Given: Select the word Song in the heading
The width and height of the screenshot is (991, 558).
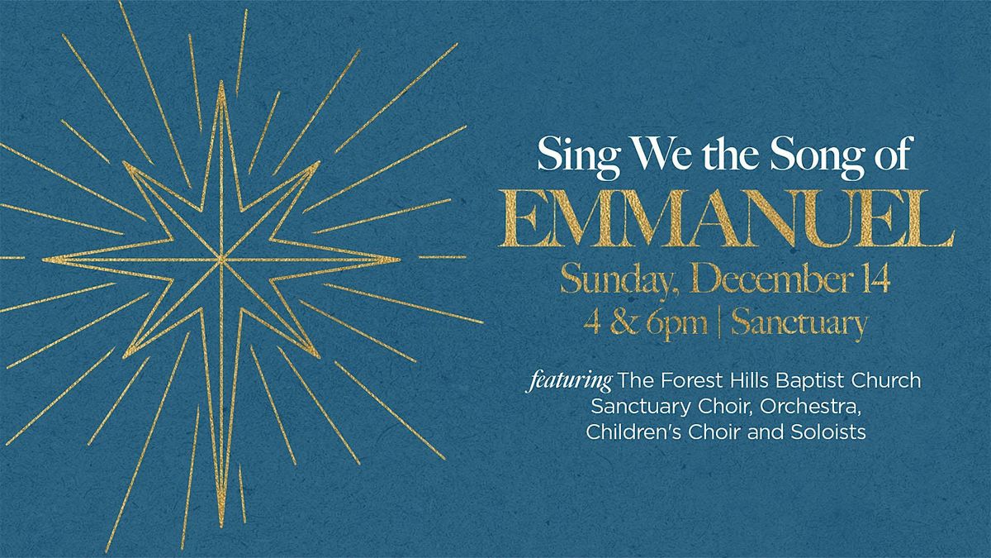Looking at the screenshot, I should (x=825, y=155).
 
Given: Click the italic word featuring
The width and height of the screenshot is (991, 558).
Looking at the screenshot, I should (x=571, y=383).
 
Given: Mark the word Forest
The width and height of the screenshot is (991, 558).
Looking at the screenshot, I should (x=681, y=383).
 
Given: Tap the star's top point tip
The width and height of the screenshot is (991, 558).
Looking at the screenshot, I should (x=221, y=83).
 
